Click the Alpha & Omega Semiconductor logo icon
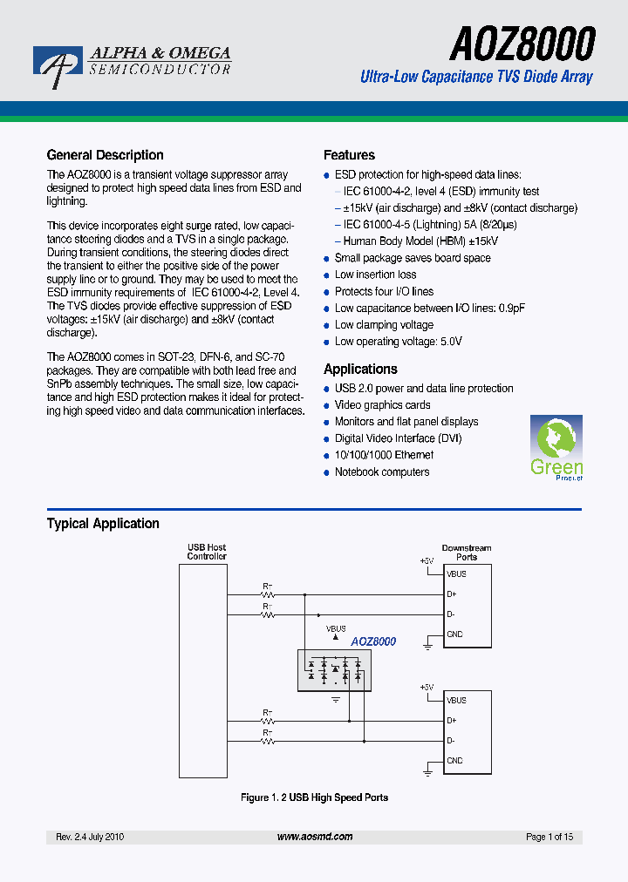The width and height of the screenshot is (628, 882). tap(57, 66)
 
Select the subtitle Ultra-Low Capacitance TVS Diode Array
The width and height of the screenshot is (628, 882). tap(476, 77)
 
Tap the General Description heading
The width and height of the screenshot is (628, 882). tap(105, 155)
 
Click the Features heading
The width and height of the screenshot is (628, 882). tap(349, 155)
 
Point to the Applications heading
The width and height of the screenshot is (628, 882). tap(360, 369)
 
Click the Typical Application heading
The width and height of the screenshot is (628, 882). tap(103, 524)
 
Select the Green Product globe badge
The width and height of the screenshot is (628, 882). tap(556, 447)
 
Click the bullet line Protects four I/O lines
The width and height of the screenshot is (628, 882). tap(384, 291)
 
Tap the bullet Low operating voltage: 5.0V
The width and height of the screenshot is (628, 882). tap(398, 341)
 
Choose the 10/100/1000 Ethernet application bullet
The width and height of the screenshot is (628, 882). tap(384, 455)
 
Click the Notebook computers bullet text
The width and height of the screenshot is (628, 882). tap(382, 472)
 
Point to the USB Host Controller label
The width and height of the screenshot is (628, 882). tap(207, 552)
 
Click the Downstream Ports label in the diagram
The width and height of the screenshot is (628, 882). tap(467, 553)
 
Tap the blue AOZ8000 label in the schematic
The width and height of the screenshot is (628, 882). tap(373, 641)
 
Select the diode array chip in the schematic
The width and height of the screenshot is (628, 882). tap(334, 669)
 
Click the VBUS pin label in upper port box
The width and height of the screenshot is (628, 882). tap(456, 574)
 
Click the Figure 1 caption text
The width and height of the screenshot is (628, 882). tap(314, 797)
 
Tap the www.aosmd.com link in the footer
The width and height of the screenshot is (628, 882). tap(315, 837)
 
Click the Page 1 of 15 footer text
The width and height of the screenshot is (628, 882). tap(549, 837)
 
